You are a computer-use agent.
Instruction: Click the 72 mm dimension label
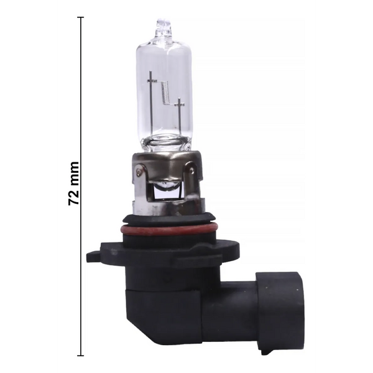coord(73,183)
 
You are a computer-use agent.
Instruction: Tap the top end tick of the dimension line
coord(81,17)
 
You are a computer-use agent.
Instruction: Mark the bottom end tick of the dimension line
coord(81,356)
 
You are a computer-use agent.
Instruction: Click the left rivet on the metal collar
coord(139,172)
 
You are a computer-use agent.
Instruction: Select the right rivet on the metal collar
coord(191,170)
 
